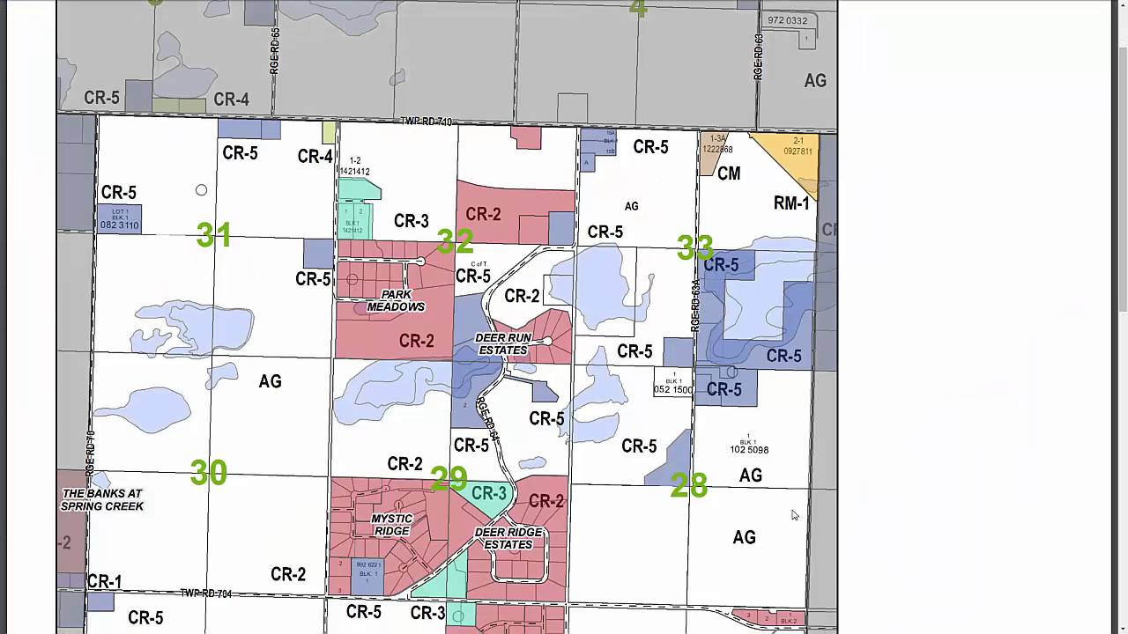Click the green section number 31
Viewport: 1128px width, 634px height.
(214, 235)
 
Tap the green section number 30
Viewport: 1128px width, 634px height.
(209, 474)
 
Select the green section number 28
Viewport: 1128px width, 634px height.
(688, 485)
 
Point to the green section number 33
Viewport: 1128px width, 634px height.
(694, 247)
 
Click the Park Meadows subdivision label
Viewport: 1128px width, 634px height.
(396, 300)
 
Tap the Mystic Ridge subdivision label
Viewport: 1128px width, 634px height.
(391, 525)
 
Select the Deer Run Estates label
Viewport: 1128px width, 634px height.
(503, 343)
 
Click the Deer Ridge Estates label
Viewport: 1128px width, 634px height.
(508, 538)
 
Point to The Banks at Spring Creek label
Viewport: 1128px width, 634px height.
(102, 500)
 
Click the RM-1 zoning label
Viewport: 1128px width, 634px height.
(791, 203)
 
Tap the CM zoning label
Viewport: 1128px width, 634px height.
(729, 173)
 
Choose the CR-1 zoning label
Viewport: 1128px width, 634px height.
(104, 581)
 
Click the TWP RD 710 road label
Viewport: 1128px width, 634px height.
(426, 122)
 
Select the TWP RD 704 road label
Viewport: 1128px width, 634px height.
(206, 593)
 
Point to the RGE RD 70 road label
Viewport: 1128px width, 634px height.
(91, 453)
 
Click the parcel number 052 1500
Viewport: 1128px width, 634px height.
(673, 389)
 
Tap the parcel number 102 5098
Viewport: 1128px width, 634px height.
(749, 449)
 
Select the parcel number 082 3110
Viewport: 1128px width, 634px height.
(120, 225)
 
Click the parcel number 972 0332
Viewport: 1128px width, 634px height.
(787, 20)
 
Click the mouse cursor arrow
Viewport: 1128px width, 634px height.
(794, 515)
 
